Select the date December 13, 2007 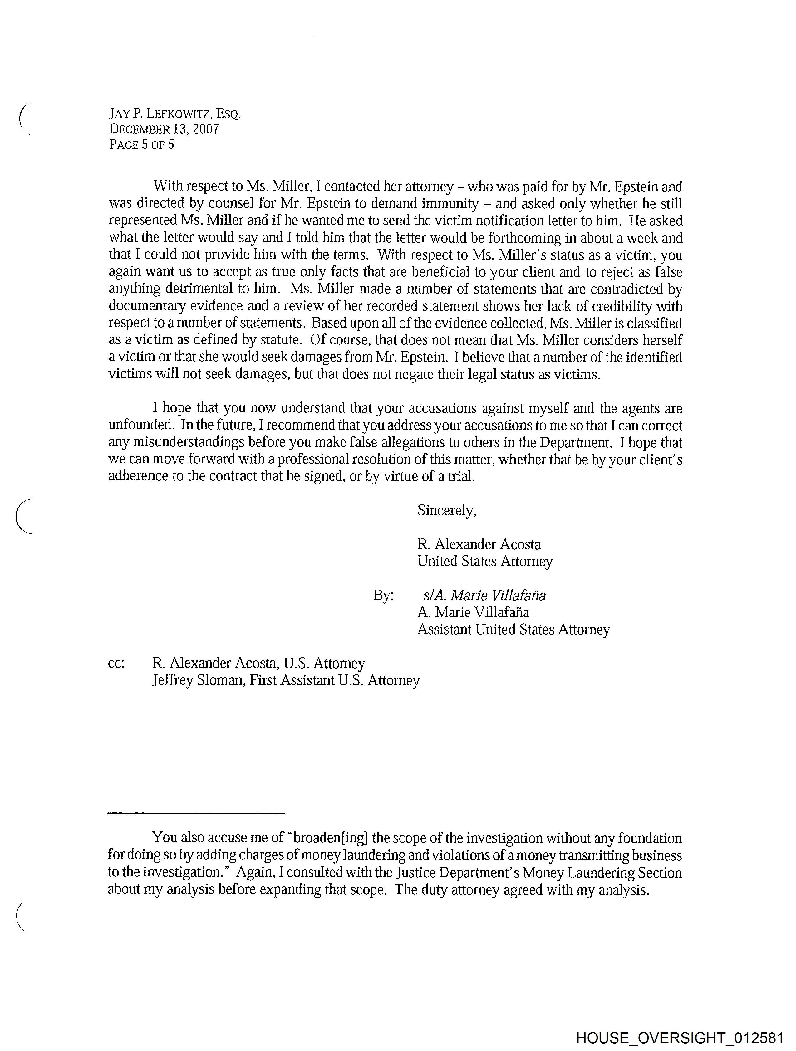point(164,129)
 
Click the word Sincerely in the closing point(446,510)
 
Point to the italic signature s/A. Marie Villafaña point(484,595)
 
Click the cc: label point(116,663)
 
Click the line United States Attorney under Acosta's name point(485,562)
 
